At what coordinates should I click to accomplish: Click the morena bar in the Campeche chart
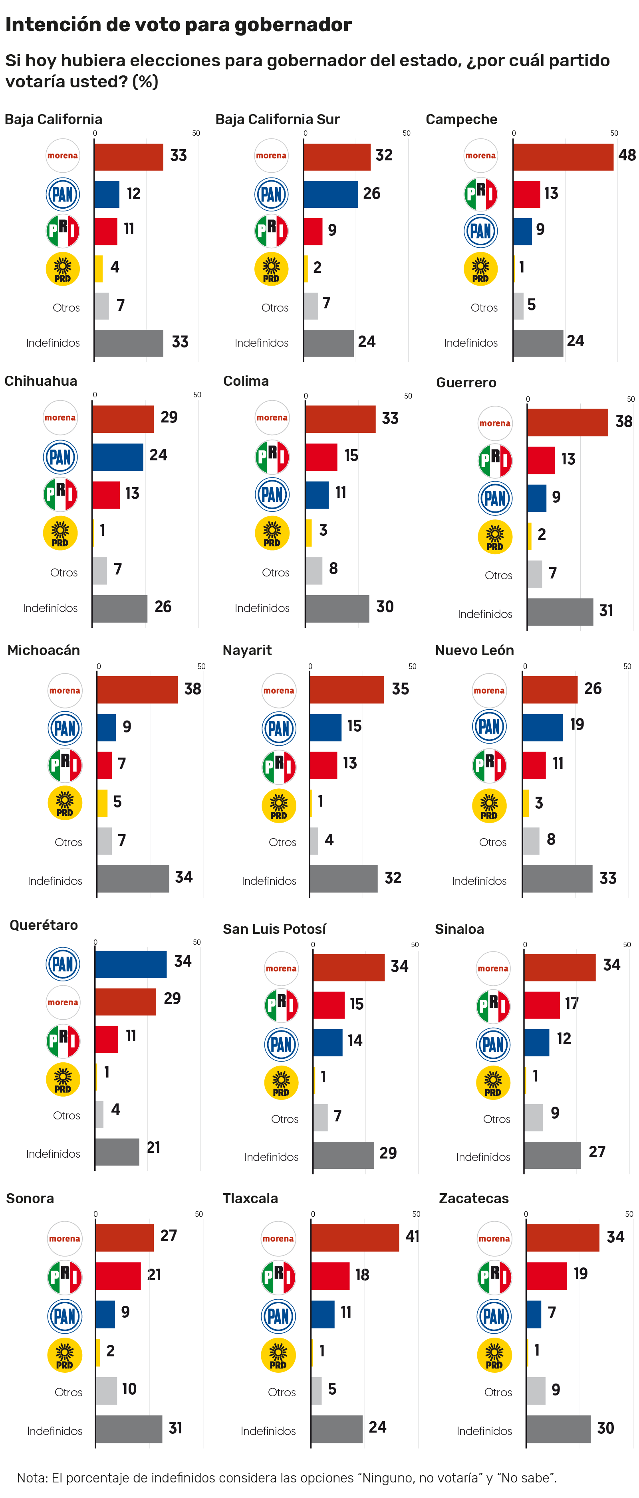coord(563,157)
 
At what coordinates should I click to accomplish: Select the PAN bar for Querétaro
coord(130,964)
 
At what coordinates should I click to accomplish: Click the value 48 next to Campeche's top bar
coord(627,155)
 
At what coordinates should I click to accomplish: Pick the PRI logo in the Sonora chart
coord(65,1277)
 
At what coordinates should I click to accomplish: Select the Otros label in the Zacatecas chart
coord(498,1392)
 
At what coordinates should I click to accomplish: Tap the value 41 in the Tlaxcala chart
coord(412,1236)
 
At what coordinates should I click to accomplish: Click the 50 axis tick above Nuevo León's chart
coord(627,667)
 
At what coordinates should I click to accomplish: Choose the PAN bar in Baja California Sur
coord(331,194)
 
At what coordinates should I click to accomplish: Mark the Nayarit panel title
coord(247,650)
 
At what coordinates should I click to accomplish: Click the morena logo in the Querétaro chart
coord(63,1002)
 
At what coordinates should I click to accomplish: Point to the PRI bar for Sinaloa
coord(541,1005)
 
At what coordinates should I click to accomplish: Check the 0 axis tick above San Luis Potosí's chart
coord(313,944)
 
